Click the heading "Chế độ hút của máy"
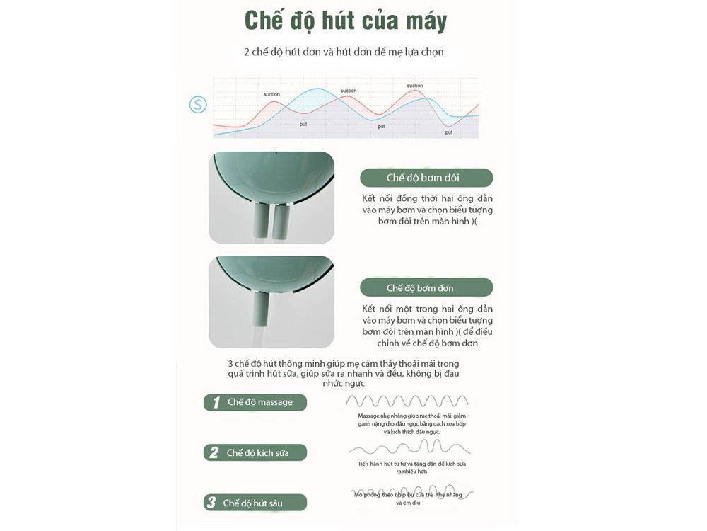(346, 21)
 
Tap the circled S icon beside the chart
(198, 105)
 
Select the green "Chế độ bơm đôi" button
(426, 178)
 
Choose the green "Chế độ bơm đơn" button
(426, 287)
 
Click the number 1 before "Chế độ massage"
(216, 403)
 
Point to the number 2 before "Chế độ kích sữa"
(214, 453)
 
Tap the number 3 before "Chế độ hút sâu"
(211, 503)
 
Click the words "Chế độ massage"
(260, 402)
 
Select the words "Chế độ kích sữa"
(257, 453)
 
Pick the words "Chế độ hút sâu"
(253, 503)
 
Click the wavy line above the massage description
(407, 401)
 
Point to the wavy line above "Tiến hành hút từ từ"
(409, 447)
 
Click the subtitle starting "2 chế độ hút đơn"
(344, 52)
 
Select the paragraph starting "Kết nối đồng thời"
(427, 210)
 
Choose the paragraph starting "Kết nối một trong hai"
(427, 326)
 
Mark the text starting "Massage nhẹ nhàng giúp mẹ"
(411, 423)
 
